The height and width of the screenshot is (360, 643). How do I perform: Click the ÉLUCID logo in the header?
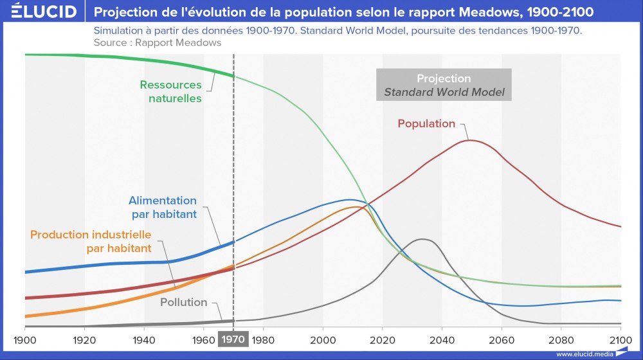44,12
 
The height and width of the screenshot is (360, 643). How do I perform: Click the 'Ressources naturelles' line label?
171,91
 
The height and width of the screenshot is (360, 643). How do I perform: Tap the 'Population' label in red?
426,123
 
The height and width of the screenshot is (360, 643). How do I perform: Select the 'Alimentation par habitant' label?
163,207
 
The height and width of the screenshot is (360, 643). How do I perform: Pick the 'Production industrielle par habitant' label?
91,241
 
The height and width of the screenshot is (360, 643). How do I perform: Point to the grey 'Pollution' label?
183,302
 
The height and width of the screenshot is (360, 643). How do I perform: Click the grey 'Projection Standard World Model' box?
444,85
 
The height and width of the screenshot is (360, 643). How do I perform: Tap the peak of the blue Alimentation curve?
350,200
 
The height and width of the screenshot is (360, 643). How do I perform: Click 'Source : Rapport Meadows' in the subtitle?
157,42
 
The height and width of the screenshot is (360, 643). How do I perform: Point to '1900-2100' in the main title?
566,12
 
